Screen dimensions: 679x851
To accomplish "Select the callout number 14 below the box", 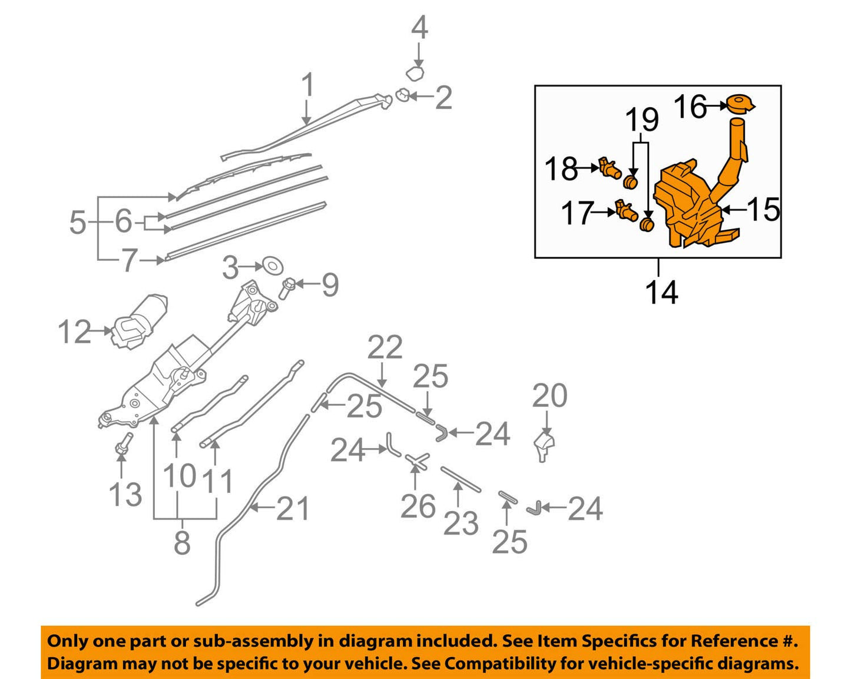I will point(661,292).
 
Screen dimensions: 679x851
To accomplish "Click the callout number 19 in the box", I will point(641,120).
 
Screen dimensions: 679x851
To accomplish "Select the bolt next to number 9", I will point(288,287).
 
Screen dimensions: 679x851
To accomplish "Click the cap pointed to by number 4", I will point(416,74).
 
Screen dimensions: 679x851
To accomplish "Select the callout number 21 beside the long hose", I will point(293,508).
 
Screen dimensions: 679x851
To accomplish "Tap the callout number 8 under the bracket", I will point(182,542).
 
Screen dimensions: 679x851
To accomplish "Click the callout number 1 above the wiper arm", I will point(307,86).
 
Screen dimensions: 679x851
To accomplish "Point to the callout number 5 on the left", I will point(78,223).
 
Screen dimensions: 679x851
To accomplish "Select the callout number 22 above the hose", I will point(385,347).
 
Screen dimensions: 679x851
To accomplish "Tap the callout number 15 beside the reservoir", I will point(763,210).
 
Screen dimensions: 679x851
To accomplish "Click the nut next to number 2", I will point(402,94).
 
